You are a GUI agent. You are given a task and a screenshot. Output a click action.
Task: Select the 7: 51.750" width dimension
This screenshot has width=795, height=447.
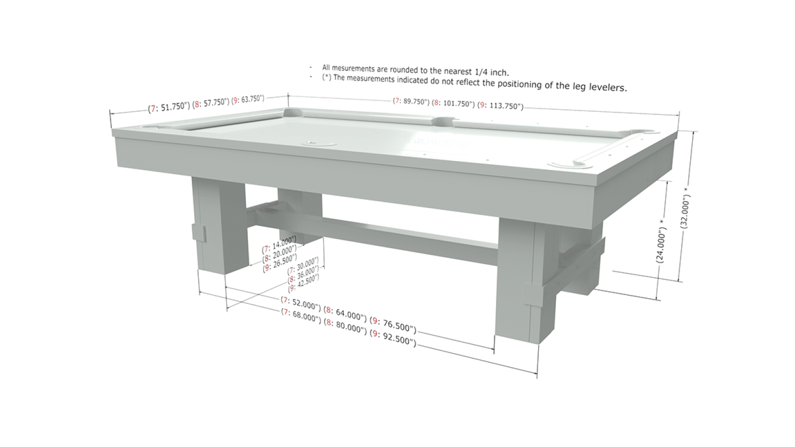pos(169,107)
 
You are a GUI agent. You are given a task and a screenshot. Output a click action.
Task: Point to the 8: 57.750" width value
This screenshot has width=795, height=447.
pos(211,103)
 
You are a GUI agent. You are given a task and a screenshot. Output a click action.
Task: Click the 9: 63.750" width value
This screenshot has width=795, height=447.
pos(248,99)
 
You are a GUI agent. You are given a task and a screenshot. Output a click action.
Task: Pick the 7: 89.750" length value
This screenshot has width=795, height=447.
pos(411,101)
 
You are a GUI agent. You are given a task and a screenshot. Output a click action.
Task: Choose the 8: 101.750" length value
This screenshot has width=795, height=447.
pos(453,104)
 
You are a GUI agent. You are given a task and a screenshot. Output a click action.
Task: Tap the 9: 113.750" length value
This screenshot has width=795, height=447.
pos(500,106)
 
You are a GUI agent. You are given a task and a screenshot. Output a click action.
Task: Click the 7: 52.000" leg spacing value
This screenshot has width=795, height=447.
pos(301,302)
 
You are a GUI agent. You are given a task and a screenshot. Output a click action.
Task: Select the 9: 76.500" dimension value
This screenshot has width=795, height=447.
pos(393,325)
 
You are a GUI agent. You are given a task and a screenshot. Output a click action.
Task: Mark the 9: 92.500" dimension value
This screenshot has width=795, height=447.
pos(393,337)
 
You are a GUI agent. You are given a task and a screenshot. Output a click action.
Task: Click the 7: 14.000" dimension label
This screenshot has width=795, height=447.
pos(279,243)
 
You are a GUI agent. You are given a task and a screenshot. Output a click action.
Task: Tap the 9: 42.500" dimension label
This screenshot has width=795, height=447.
pos(304,283)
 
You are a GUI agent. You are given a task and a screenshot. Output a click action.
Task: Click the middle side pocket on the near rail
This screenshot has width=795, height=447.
pos(319,144)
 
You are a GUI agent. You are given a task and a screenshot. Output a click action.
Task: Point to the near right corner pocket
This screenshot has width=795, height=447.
pos(569,164)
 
